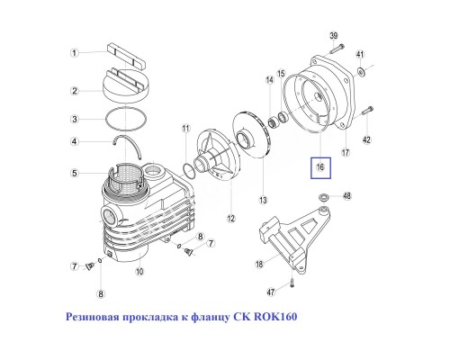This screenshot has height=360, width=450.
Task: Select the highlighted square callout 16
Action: coord(321,167)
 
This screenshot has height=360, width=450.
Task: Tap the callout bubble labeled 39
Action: coord(333,36)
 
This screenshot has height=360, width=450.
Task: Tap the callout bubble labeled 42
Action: coord(366,139)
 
